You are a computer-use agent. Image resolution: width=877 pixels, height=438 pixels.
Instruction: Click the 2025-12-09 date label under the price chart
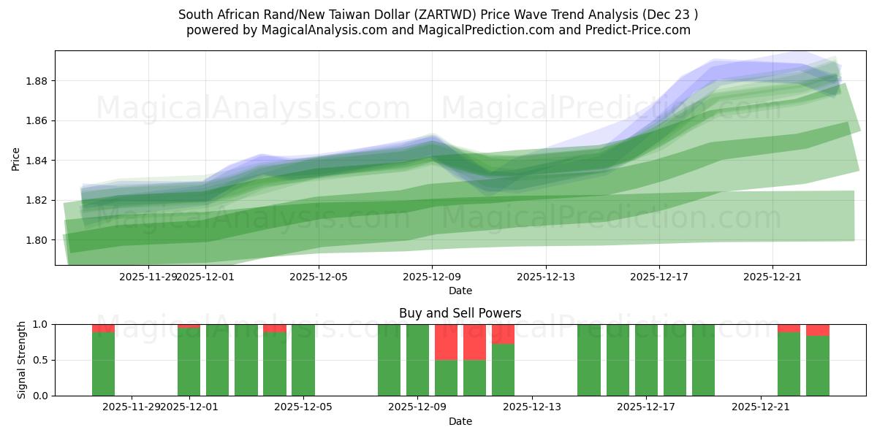tap(432, 277)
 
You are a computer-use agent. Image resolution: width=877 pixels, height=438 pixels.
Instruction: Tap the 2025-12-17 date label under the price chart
tap(659, 277)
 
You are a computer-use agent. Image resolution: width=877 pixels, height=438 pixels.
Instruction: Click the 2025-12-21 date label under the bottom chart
tap(761, 407)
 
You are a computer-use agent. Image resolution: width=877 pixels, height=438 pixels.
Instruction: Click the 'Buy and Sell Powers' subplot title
tap(460, 313)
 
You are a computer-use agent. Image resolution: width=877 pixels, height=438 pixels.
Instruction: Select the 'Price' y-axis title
tap(16, 158)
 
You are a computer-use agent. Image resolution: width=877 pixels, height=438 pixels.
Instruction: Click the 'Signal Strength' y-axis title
tap(22, 359)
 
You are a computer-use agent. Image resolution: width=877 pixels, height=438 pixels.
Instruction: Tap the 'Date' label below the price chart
tap(460, 291)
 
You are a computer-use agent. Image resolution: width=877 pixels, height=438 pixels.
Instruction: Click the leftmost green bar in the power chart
tap(103, 365)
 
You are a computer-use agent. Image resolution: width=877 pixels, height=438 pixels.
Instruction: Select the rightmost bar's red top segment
tap(818, 330)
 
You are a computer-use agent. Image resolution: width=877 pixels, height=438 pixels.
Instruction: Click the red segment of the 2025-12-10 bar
tap(446, 342)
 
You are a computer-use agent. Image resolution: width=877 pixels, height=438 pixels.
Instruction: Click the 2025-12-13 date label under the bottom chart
tap(531, 407)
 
